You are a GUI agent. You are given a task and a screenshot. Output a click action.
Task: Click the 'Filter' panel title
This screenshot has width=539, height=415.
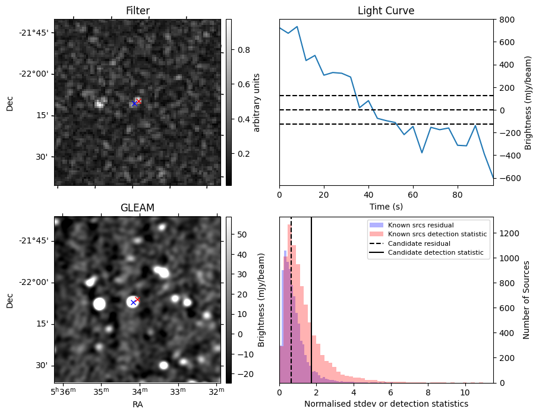137,11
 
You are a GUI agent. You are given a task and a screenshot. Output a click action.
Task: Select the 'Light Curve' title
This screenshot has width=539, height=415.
386,11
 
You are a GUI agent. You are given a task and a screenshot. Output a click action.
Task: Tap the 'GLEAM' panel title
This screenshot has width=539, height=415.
137,208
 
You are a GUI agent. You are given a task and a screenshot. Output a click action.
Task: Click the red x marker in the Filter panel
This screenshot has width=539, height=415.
138,101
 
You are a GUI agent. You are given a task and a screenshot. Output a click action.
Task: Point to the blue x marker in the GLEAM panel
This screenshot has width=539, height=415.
133,303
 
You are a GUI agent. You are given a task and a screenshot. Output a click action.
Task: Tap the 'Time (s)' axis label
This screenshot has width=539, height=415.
386,206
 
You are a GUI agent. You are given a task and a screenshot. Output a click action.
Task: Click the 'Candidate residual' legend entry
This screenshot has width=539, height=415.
416,243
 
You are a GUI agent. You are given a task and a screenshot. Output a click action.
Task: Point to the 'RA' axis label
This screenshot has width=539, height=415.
137,404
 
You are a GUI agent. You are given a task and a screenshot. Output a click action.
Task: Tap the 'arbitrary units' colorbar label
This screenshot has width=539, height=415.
257,102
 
